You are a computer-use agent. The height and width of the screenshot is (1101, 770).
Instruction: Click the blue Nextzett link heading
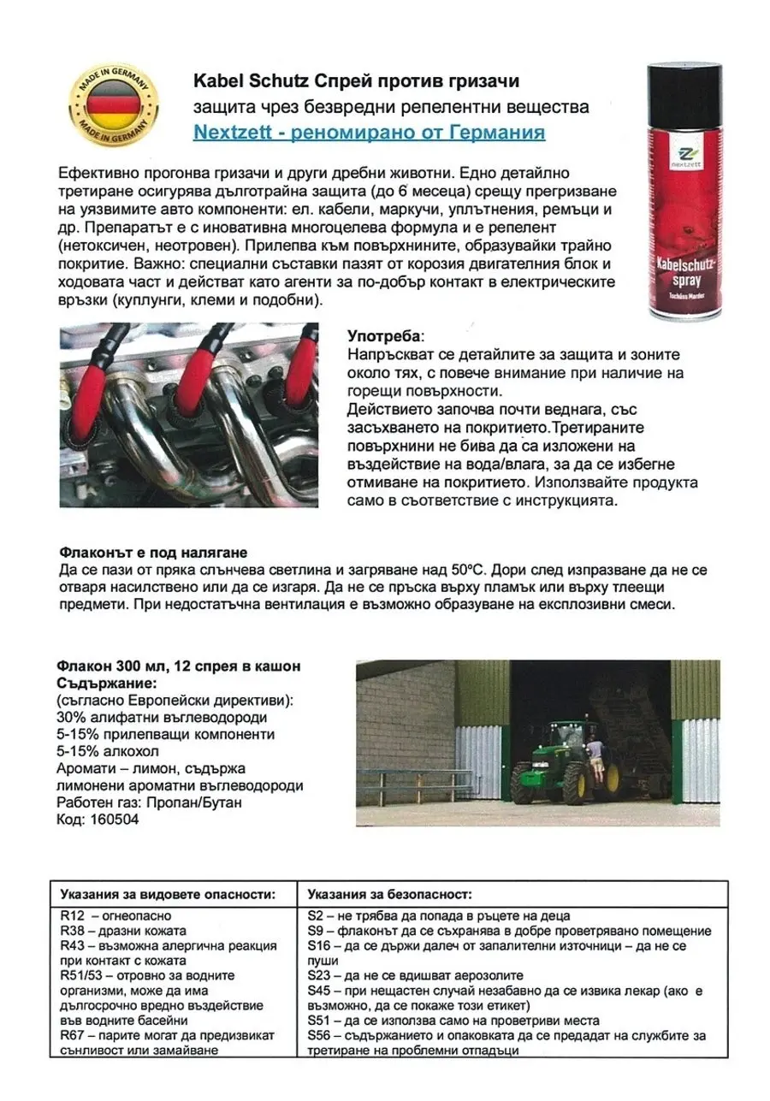[x=369, y=133]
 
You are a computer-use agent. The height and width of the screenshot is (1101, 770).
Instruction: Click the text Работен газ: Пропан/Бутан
[x=149, y=803]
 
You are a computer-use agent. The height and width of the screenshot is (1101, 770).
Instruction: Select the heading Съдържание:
[x=106, y=684]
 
